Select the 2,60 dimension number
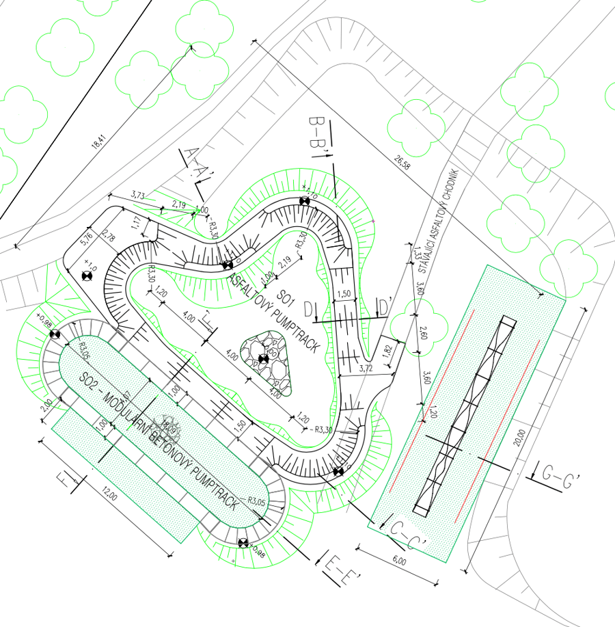point(424,334)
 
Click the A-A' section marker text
point(194,164)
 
